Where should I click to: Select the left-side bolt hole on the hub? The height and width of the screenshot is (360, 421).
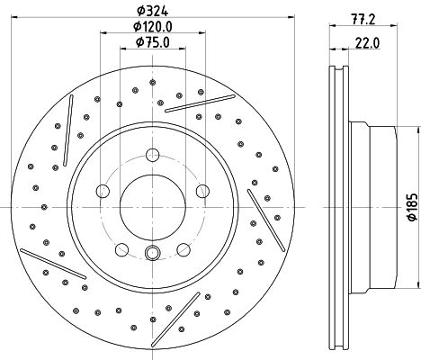tap(102, 190)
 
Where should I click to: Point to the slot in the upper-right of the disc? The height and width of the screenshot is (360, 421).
tap(188, 103)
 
